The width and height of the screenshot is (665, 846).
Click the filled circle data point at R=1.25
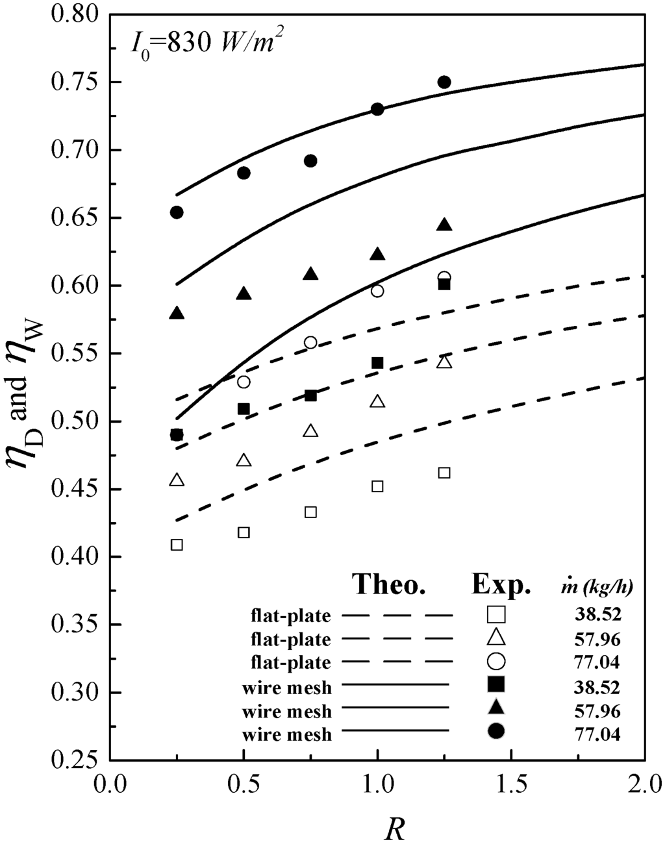pyautogui.click(x=444, y=82)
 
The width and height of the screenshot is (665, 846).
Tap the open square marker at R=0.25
pyautogui.click(x=177, y=545)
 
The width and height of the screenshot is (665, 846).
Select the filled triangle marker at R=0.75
pyautogui.click(x=310, y=274)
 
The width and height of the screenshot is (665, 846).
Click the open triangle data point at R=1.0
pyautogui.click(x=377, y=401)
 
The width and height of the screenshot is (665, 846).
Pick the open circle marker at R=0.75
pyautogui.click(x=310, y=342)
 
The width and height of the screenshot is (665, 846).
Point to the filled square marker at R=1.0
pyautogui.click(x=377, y=363)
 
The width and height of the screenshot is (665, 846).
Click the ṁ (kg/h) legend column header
pyautogui.click(x=599, y=587)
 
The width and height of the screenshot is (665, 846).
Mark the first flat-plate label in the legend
pyautogui.click(x=292, y=615)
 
